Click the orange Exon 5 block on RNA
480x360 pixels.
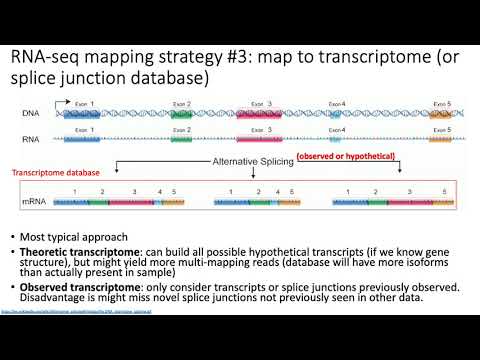(x=440, y=140)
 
